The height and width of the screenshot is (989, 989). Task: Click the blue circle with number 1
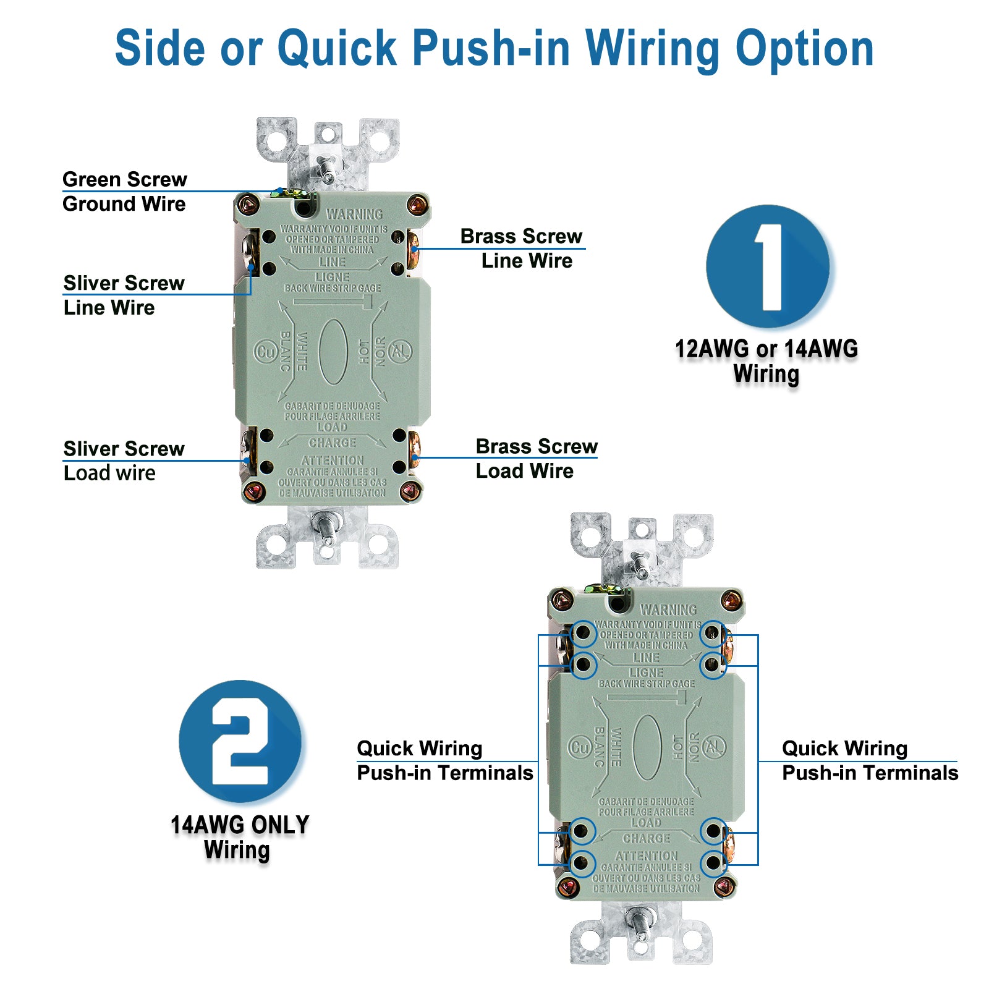(768, 266)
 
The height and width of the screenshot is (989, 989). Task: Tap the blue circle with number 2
(240, 741)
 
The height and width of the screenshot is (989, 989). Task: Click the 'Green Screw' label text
(124, 179)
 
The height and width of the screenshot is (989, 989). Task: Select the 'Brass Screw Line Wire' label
(522, 248)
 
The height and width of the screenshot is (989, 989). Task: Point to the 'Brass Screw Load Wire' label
(536, 458)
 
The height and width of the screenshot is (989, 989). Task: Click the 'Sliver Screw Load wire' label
(124, 461)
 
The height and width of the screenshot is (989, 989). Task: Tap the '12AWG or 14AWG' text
(766, 349)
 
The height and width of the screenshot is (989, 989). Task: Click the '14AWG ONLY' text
(240, 825)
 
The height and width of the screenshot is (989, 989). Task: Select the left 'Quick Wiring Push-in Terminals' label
(444, 760)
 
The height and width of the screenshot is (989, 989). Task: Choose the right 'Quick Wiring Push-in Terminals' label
(870, 760)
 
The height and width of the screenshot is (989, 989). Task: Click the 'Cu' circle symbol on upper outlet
(266, 352)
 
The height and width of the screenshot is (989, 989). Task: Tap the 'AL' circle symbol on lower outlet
(714, 747)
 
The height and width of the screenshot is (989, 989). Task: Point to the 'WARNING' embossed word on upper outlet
(354, 214)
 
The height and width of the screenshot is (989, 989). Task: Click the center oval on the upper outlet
(333, 352)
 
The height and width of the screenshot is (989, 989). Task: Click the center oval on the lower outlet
(647, 747)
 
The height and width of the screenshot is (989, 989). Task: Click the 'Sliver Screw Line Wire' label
(124, 295)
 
